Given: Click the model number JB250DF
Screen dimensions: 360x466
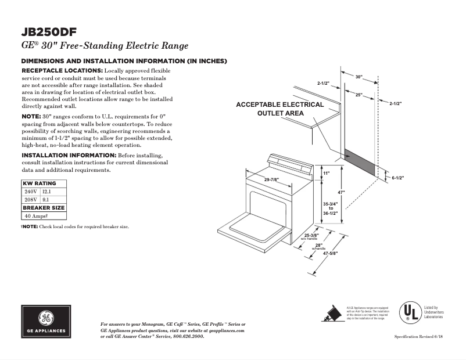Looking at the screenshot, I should [x=49, y=32].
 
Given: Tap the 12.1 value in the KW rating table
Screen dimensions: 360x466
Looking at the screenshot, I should [x=46, y=191].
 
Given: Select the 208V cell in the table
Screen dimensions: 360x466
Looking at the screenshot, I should [x=30, y=199].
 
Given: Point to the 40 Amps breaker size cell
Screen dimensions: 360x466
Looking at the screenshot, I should [x=36, y=215].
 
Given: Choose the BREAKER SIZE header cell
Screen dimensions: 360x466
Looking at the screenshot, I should [x=44, y=207].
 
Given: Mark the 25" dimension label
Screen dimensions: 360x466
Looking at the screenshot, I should [x=360, y=94].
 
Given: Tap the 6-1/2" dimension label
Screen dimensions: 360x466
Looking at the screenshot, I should [x=397, y=178].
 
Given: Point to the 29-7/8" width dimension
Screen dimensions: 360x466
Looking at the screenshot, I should [x=273, y=179].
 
